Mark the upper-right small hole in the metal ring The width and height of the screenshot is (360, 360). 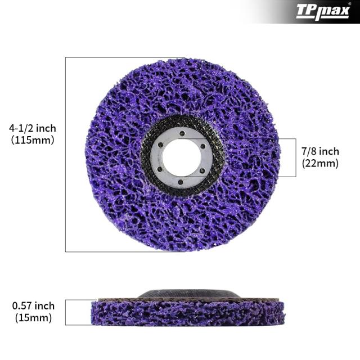point(201,145)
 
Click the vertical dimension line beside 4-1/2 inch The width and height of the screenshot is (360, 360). point(66,154)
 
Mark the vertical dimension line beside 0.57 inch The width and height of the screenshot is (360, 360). point(66,312)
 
